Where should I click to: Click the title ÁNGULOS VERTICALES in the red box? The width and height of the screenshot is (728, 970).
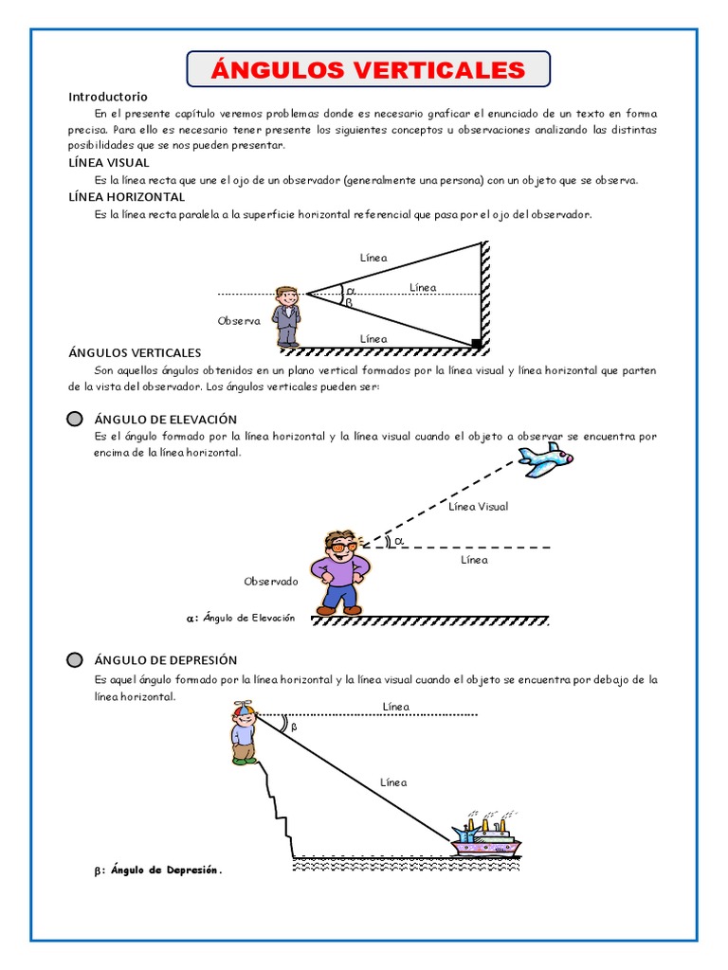pyautogui.click(x=368, y=69)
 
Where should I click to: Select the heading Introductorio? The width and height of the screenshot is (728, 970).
pyautogui.click(x=108, y=97)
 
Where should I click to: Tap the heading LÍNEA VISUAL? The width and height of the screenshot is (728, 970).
pyautogui.click(x=109, y=162)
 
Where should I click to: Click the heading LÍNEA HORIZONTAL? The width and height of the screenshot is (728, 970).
pyautogui.click(x=126, y=197)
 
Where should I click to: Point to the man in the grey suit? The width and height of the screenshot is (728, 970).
pyautogui.click(x=287, y=315)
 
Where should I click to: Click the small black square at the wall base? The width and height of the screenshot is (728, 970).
pyautogui.click(x=476, y=342)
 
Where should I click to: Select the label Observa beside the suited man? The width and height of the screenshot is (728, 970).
pyautogui.click(x=239, y=321)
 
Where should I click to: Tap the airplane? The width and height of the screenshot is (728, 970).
pyautogui.click(x=546, y=459)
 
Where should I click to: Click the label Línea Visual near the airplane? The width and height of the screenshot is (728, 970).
pyautogui.click(x=478, y=507)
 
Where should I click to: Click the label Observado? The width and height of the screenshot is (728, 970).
pyautogui.click(x=271, y=581)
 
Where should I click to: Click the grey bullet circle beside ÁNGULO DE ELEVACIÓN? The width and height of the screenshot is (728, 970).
pyautogui.click(x=75, y=419)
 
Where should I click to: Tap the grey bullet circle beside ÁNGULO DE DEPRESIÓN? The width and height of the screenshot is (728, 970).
pyautogui.click(x=75, y=660)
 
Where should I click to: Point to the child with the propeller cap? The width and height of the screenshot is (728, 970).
pyautogui.click(x=244, y=732)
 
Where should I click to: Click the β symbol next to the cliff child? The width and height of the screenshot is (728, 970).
pyautogui.click(x=293, y=727)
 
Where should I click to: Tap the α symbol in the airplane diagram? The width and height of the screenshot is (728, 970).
pyautogui.click(x=398, y=541)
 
